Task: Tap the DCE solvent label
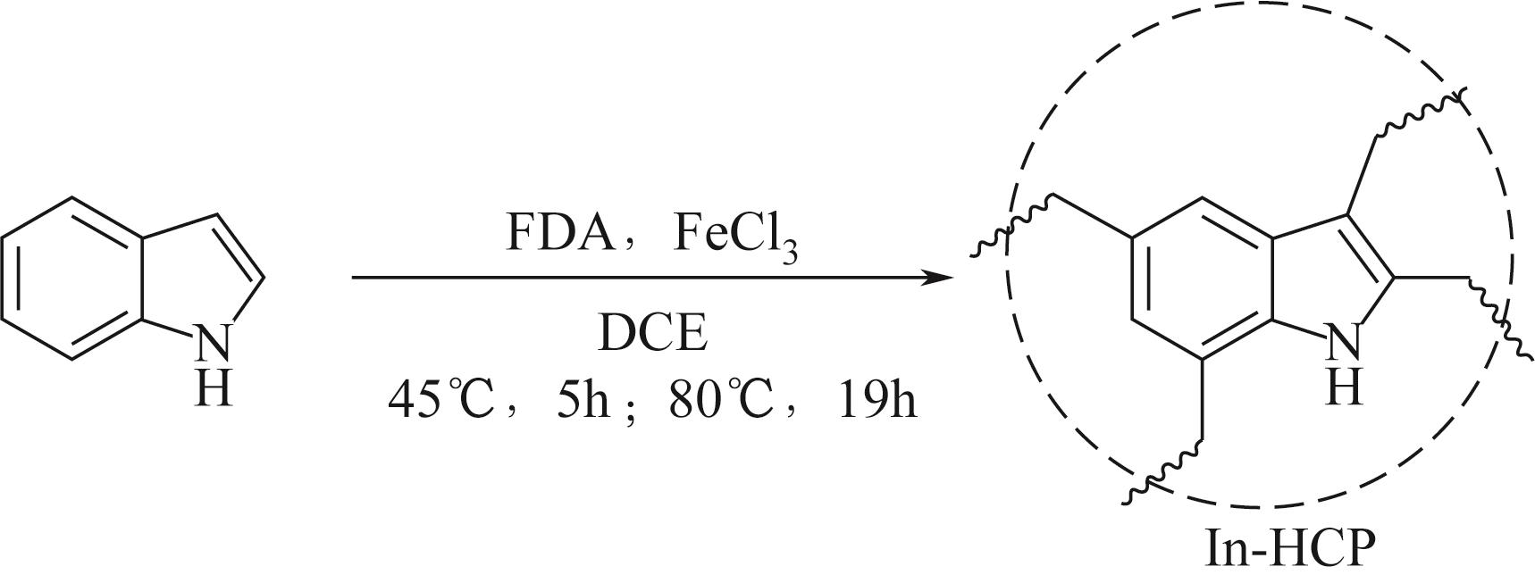(652, 335)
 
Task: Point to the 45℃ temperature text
(440, 401)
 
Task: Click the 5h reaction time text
(582, 401)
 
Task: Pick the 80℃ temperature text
(721, 401)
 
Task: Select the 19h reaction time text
(877, 401)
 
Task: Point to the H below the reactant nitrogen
(213, 389)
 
